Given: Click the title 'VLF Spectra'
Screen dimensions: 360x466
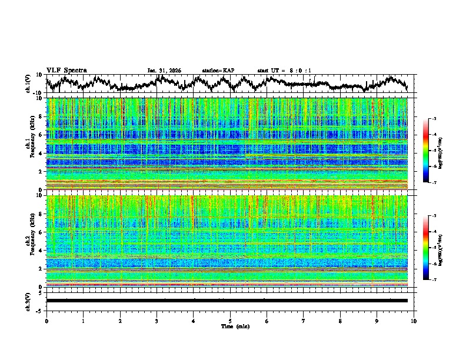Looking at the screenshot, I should point(66,70).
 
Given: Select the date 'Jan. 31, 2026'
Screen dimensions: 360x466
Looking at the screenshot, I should point(164,71).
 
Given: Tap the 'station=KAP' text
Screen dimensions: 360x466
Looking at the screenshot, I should point(218,71).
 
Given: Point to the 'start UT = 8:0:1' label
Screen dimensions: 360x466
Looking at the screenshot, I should point(284,71).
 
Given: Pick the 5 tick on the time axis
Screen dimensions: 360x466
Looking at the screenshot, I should point(230,321).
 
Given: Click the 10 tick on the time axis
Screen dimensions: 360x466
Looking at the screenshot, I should point(414,321).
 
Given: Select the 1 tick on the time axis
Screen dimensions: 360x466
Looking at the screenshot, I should point(83,321).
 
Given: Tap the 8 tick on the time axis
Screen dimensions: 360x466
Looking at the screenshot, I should point(340,321).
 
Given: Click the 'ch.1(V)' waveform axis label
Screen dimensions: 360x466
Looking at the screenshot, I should point(29,84).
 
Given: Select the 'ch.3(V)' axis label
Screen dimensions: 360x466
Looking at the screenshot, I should point(29,301).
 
